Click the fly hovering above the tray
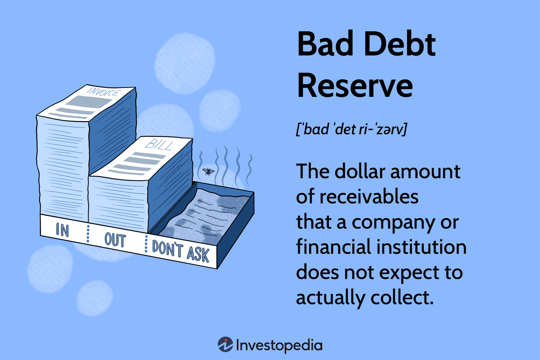(208, 171)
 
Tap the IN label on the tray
(62, 230)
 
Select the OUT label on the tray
(115, 240)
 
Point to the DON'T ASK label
(181, 251)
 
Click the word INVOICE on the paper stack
(103, 92)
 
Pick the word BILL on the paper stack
(159, 145)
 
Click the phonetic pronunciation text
(351, 129)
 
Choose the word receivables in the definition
(369, 197)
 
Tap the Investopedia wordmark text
(279, 346)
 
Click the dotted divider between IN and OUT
(88, 234)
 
